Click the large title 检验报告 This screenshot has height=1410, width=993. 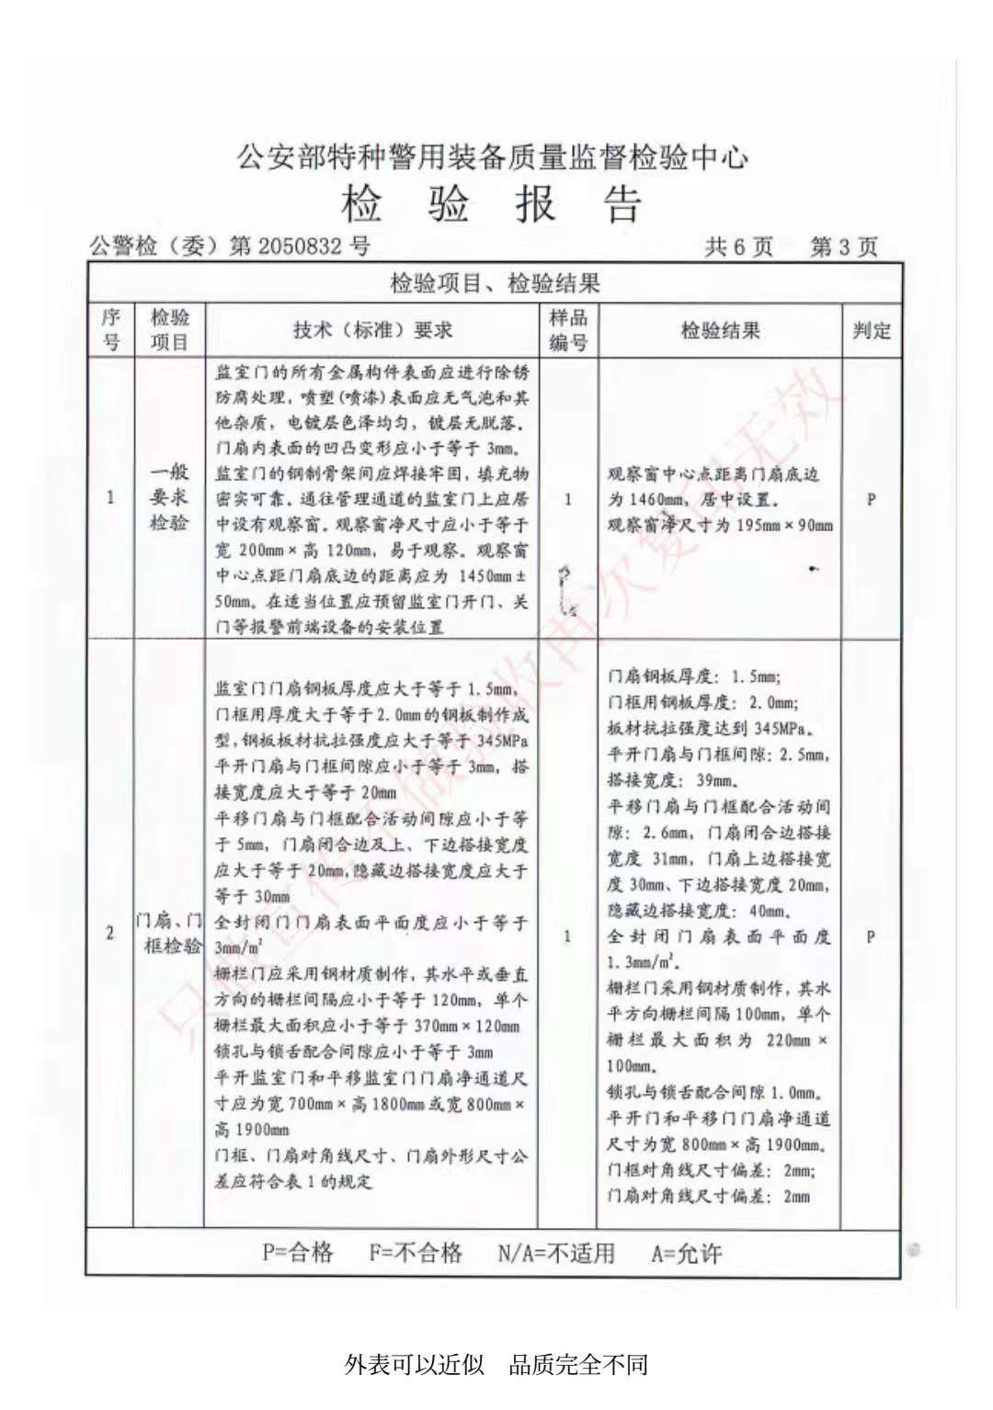[492, 204]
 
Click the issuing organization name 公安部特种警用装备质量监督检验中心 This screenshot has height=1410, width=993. [493, 156]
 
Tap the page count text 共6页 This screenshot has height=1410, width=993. [738, 246]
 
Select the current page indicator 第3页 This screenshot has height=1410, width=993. [843, 246]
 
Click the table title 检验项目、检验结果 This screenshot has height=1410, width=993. [495, 282]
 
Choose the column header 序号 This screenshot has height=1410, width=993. [110, 330]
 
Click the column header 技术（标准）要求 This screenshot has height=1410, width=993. [372, 331]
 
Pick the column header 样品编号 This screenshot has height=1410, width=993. [567, 330]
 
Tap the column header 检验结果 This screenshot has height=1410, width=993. [720, 331]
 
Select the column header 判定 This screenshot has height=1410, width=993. [871, 331]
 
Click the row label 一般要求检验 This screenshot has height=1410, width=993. [169, 497]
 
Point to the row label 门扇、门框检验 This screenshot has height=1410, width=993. [169, 933]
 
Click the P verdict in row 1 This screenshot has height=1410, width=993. [871, 499]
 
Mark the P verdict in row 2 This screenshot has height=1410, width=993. [870, 937]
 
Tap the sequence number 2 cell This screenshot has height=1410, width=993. [110, 933]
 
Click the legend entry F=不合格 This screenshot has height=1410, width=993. [416, 1252]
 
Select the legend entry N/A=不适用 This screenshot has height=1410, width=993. [555, 1253]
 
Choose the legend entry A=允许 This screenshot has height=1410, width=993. [686, 1253]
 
